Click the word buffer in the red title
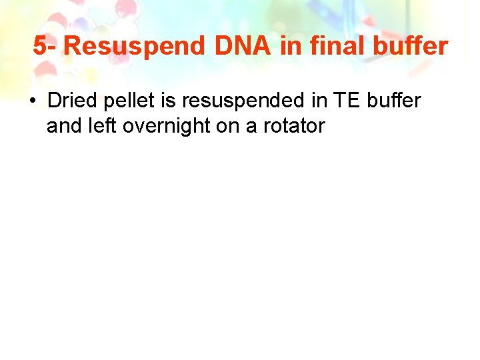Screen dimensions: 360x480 point(411,47)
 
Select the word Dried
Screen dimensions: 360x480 point(71,101)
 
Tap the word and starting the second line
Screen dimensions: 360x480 point(63,125)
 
